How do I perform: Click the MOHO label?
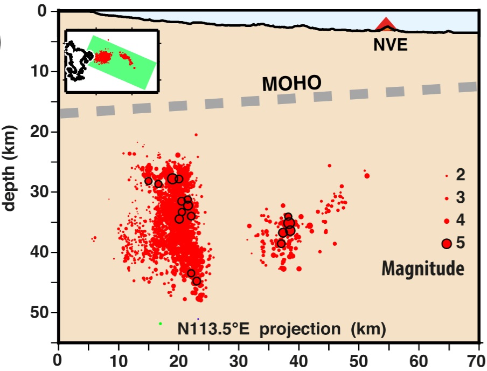(291, 84)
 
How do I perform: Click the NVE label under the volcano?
(390, 46)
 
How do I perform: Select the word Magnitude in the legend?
(423, 268)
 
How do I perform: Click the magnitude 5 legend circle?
(446, 243)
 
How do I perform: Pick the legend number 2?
(461, 175)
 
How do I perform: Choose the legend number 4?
(461, 220)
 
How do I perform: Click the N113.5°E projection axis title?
(282, 328)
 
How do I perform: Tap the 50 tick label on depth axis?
(40, 312)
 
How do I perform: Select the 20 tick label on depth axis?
(40, 131)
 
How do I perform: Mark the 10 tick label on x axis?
(119, 359)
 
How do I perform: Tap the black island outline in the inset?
(75, 60)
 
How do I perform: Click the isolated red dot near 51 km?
(367, 176)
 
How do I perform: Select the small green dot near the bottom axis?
(161, 324)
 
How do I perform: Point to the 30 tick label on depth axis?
(40, 191)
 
